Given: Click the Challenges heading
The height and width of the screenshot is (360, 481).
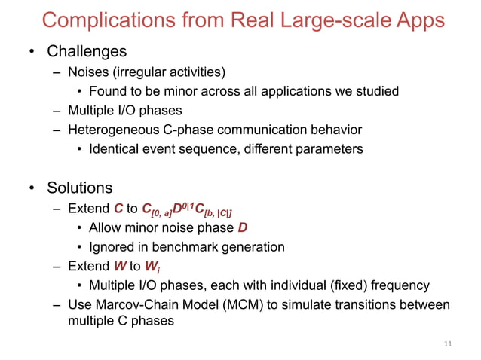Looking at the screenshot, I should (87, 52).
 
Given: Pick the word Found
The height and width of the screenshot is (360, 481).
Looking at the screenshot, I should (106, 92).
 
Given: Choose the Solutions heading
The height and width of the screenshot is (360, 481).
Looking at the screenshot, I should (80, 187).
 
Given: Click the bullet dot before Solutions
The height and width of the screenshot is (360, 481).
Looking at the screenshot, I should (32, 188).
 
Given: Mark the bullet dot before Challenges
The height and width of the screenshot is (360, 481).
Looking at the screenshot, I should (32, 53).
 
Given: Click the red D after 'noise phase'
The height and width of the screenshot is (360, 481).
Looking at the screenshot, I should (242, 228).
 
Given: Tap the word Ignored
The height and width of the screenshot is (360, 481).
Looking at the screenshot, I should (112, 247).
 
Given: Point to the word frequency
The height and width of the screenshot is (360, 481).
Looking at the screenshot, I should (402, 285).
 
